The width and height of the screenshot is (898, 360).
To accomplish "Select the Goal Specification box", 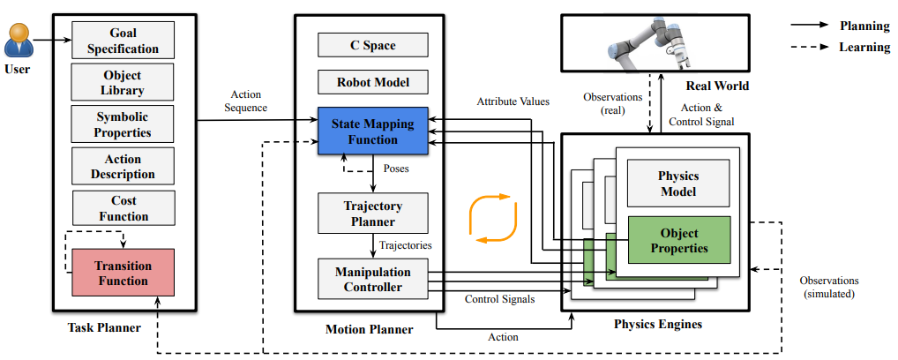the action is (123, 40).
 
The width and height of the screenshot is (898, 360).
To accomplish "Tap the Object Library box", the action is (123, 83).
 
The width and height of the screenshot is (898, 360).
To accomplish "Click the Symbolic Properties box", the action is (123, 124).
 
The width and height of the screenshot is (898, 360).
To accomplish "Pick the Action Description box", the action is (123, 166).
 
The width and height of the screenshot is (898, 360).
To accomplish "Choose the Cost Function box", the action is (123, 208).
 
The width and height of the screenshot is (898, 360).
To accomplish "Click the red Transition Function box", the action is (123, 273).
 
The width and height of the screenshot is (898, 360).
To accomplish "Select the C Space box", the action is (373, 45).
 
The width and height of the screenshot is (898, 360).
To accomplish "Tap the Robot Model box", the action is (373, 82).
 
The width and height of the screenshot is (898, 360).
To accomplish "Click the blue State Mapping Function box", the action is (373, 131).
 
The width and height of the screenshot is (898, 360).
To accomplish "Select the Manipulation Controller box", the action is (373, 279).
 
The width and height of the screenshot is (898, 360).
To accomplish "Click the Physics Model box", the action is (678, 183).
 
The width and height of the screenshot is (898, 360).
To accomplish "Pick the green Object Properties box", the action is (679, 240).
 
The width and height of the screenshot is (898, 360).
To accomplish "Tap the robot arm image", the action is (654, 43).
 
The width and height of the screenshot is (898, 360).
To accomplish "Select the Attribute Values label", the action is (513, 101).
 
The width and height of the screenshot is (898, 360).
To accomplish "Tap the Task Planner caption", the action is (104, 327).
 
